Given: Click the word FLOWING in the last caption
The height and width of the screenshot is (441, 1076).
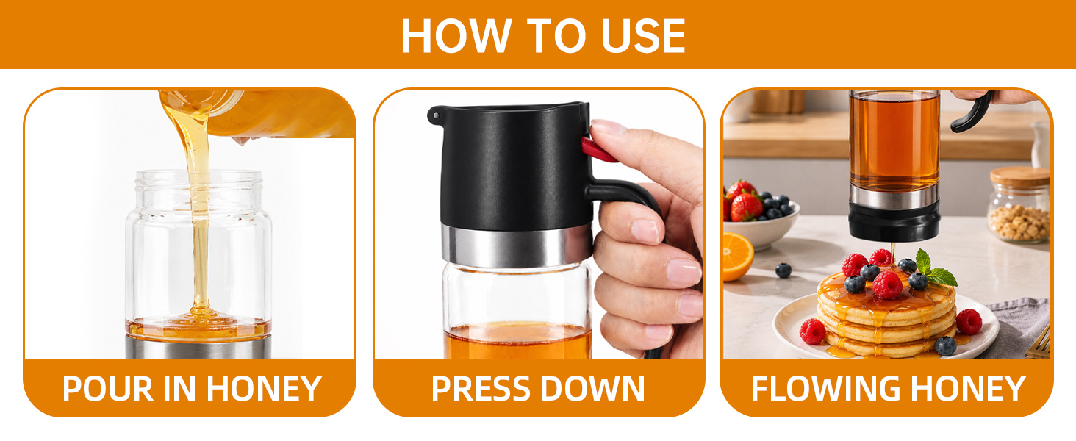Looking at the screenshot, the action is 827,388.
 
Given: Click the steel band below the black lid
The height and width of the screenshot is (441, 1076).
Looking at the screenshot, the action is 517,246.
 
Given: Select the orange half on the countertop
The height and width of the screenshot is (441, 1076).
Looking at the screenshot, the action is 736,257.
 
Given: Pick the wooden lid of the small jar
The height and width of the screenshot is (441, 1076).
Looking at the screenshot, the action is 1020,176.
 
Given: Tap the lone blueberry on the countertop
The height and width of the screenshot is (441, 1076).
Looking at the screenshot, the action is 783,270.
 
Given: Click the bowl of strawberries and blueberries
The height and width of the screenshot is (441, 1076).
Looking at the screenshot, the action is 759,216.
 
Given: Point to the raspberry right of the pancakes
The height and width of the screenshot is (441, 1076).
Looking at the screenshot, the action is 969,321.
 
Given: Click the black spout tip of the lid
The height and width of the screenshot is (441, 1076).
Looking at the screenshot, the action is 434,115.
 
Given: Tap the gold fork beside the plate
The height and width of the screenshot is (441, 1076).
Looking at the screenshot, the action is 1039,344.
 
